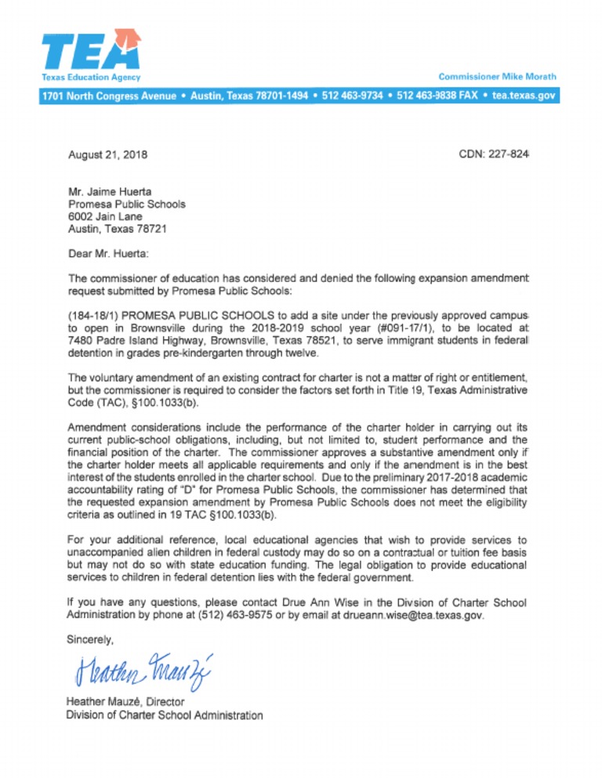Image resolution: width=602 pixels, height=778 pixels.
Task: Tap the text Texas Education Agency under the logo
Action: pyautogui.click(x=90, y=77)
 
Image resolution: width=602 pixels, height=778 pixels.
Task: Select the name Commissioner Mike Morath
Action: pyautogui.click(x=497, y=77)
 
